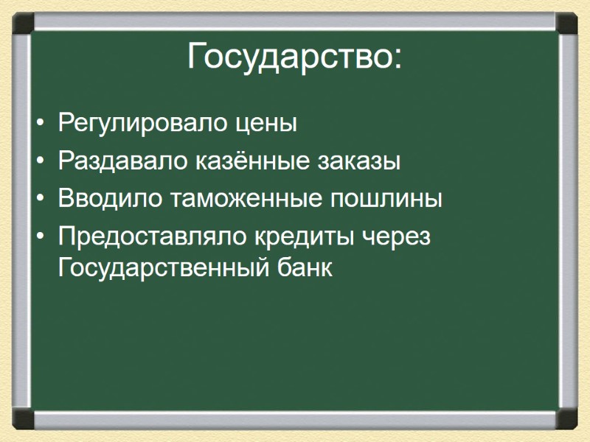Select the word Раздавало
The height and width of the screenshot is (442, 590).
122,161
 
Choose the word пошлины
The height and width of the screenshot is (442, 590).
386,199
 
